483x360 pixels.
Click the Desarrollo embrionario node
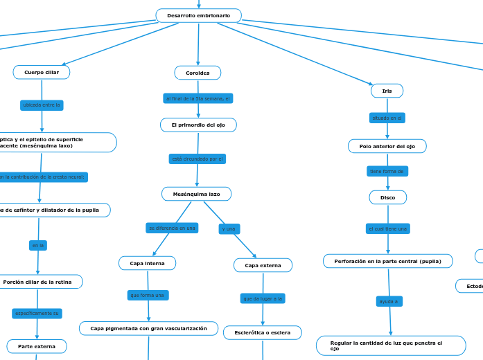[x=198, y=15]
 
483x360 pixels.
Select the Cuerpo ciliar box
[x=42, y=72]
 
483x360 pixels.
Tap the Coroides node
[x=197, y=73]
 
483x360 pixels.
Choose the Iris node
[x=387, y=91]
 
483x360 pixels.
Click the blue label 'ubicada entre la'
[x=42, y=105]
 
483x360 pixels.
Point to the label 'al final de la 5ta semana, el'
[x=198, y=98]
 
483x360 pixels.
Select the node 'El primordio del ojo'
[x=198, y=125]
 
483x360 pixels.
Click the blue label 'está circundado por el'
[x=197, y=159]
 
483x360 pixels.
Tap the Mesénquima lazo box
[x=196, y=195]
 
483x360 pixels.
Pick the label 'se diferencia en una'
[x=172, y=228]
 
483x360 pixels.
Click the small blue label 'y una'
[x=229, y=228]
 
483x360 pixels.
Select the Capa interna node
[x=147, y=263]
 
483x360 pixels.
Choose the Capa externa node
[x=263, y=265]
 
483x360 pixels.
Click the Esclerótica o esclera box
[x=262, y=333]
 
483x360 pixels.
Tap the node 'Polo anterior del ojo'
[x=387, y=146]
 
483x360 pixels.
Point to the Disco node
[x=387, y=197]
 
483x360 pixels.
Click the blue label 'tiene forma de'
[x=387, y=171]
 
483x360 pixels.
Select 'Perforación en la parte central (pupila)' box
[x=387, y=261]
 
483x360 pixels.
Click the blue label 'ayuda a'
[x=389, y=301]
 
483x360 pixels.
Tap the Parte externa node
[x=37, y=346]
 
